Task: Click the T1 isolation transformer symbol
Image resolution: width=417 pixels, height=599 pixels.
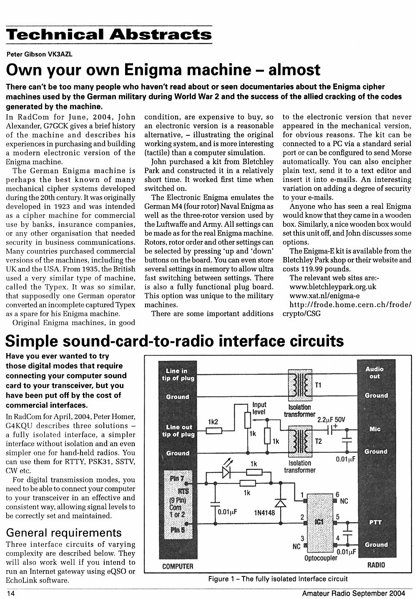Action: pos(300,385)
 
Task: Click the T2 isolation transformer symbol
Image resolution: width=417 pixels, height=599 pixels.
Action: pos(300,441)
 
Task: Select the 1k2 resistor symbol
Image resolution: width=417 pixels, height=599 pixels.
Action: pos(214,431)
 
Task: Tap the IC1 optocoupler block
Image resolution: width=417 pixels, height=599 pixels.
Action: pos(320,523)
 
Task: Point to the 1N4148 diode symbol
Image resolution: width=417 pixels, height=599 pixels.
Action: pos(280,503)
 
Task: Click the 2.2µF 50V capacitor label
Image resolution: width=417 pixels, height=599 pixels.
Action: pos(331,419)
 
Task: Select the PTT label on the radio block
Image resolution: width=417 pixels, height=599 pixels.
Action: pos(375,522)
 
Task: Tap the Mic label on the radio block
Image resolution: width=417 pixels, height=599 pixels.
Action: pos(375,429)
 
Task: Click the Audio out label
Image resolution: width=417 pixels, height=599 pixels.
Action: pos(374,373)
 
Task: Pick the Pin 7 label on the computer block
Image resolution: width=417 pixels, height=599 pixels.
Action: pos(177,478)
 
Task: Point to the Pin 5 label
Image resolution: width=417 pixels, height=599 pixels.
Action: pos(177,530)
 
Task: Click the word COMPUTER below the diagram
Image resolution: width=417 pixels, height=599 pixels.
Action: pos(178,566)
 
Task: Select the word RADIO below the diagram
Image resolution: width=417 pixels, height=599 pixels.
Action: pos(376,565)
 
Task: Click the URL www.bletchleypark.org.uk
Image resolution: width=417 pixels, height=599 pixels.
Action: pos(333,287)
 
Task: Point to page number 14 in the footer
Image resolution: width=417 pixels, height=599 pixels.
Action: pos(10,594)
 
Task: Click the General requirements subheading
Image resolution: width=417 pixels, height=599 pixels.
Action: pos(64,533)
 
